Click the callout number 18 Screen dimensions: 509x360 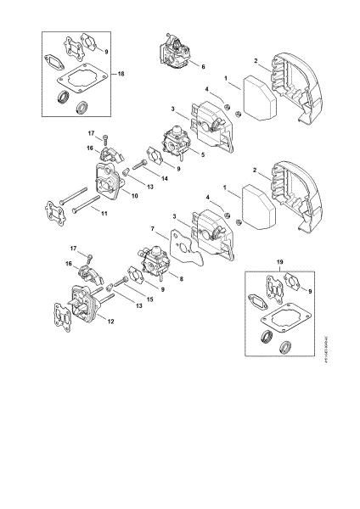pyautogui.click(x=121, y=76)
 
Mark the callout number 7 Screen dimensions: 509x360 pyautogui.click(x=152, y=229)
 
